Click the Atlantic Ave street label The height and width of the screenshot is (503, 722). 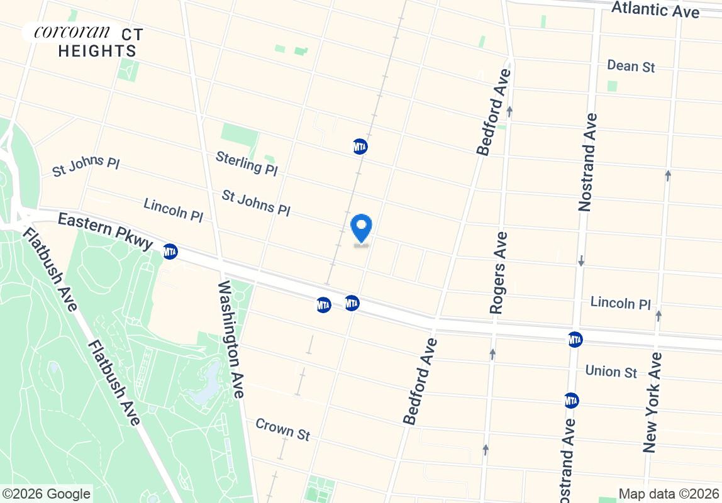tap(655, 10)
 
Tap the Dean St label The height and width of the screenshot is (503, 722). tap(631, 66)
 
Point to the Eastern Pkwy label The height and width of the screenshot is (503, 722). tap(105, 231)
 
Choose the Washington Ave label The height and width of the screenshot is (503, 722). tap(230, 340)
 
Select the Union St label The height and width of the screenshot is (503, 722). tap(611, 372)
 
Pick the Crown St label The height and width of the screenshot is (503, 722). tap(283, 429)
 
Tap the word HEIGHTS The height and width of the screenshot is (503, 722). tap(97, 52)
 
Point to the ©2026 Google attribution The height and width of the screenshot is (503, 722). tap(46, 494)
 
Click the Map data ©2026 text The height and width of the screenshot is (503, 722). tap(669, 494)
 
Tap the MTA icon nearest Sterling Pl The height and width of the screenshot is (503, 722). tap(360, 146)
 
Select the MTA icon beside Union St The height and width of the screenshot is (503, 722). tap(571, 401)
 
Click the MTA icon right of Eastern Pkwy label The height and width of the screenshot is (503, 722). tap(170, 251)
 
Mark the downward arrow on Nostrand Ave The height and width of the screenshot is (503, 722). tap(581, 260)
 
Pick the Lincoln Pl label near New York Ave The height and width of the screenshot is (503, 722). tap(620, 303)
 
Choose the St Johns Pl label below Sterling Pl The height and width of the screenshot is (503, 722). tap(256, 203)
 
